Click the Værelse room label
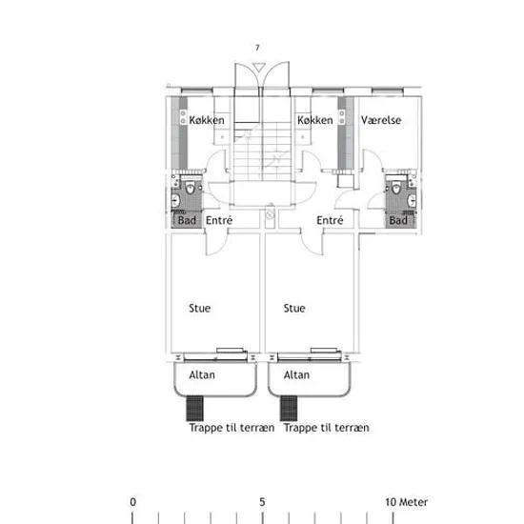[381, 120]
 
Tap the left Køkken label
[207, 120]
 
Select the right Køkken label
[315, 120]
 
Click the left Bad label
[187, 220]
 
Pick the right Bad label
[398, 220]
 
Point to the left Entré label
[219, 220]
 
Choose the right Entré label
[330, 220]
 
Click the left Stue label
[199, 308]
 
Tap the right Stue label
[294, 308]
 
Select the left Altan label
[202, 375]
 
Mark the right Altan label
[296, 375]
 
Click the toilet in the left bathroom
[191, 188]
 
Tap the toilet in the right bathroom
[396, 188]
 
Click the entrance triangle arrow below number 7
[258, 68]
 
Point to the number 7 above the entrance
[257, 48]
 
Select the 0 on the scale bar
[133, 502]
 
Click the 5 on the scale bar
[262, 502]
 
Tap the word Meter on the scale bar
[413, 502]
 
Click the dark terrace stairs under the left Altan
[194, 408]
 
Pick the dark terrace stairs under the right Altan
[289, 408]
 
